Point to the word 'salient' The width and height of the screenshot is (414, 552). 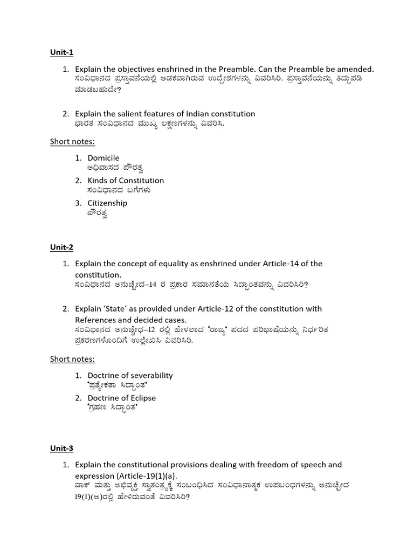(128, 114)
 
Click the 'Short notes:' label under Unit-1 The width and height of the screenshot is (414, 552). (72, 142)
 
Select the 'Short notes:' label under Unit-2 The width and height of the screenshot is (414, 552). (72, 359)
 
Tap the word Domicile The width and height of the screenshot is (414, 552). (103, 158)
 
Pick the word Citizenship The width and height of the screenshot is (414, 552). (107, 203)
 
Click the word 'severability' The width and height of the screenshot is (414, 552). (147, 375)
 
